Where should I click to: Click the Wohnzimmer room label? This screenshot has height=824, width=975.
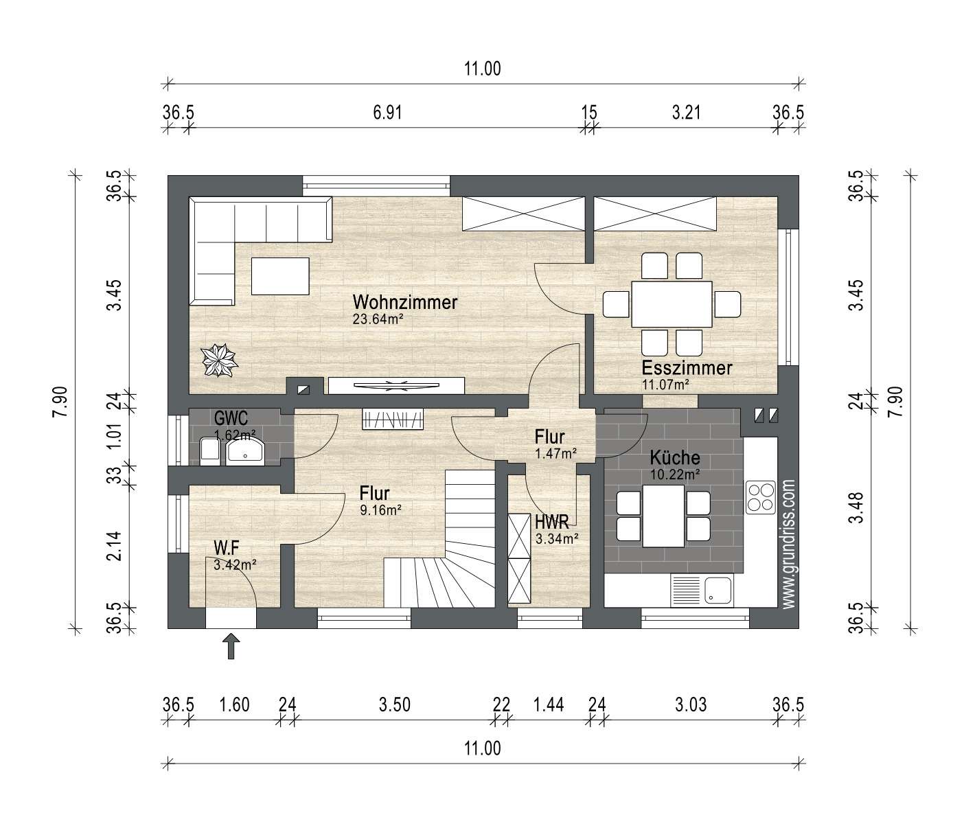click(x=405, y=302)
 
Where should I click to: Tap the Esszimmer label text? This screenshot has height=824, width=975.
click(x=687, y=368)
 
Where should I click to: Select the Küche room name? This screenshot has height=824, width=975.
click(x=675, y=457)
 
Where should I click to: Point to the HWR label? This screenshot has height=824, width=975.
click(x=552, y=521)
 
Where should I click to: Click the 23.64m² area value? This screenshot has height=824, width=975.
click(x=378, y=319)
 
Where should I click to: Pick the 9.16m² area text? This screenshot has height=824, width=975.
click(x=380, y=510)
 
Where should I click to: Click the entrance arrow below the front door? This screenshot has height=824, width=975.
click(x=231, y=646)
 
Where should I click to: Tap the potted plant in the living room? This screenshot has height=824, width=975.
click(x=219, y=360)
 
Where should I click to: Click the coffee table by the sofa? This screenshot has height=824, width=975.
click(x=280, y=276)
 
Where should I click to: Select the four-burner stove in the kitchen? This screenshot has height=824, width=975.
click(x=760, y=497)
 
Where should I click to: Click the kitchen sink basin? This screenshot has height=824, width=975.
click(x=718, y=591)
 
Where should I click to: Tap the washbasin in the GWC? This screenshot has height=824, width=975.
click(x=245, y=451)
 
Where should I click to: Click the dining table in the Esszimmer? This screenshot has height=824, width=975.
click(x=672, y=304)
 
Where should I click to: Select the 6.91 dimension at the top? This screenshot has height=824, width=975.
click(x=387, y=113)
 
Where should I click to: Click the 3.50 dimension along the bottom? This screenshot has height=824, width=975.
click(x=395, y=705)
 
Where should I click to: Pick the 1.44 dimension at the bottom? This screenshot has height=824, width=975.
click(x=549, y=705)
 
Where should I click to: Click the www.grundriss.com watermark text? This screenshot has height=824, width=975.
click(x=788, y=545)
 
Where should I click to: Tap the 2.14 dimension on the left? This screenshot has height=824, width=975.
click(x=114, y=546)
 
